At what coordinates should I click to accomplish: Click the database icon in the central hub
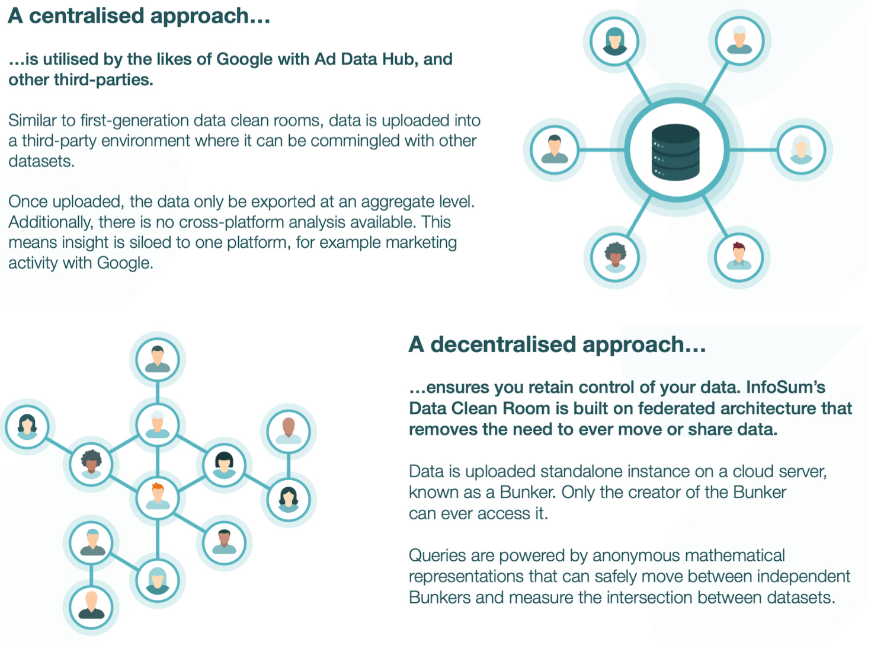point(675,152)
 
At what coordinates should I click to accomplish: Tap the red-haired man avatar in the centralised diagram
point(739,257)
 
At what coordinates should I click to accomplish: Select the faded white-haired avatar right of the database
point(801,149)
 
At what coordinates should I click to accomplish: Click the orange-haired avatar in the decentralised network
point(158,496)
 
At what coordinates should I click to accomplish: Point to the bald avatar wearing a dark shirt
point(91,605)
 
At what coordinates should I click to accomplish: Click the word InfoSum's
point(786,388)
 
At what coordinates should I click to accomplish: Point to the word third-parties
point(103,80)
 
